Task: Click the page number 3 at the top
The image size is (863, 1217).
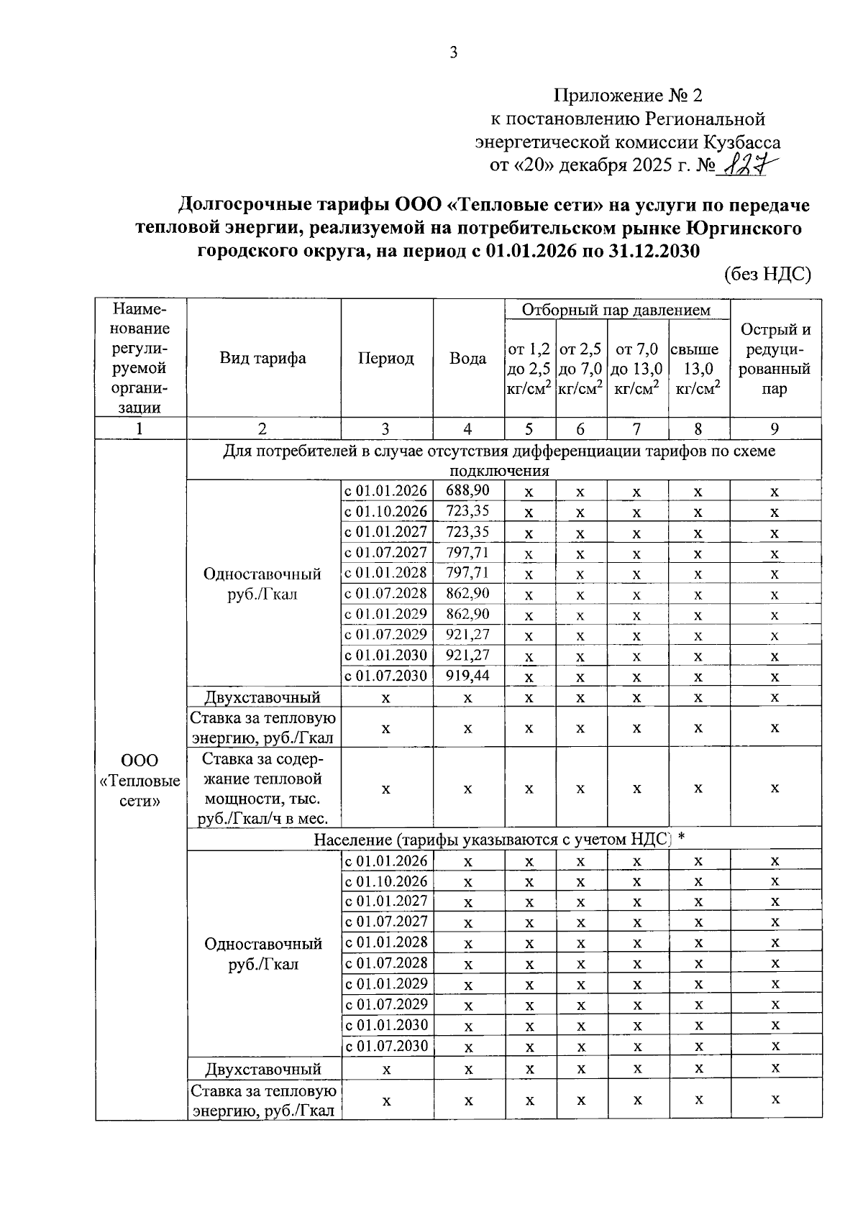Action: coord(453,52)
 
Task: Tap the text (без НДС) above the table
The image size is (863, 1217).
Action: coord(767,274)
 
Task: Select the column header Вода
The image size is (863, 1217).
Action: coord(467,358)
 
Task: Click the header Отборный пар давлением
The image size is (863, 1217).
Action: coord(616,310)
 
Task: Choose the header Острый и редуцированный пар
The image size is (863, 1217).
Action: coord(775,358)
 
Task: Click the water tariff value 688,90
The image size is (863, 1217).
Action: coord(467,491)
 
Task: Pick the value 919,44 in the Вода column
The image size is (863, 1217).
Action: coord(467,676)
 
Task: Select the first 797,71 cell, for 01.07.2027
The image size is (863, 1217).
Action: coord(467,553)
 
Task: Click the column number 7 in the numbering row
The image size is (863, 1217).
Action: coord(636,429)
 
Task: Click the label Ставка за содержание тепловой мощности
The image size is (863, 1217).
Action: coord(263,788)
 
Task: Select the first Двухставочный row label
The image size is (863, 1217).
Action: coord(263,697)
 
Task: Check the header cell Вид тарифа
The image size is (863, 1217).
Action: coord(263,358)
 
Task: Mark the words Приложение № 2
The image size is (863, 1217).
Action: coord(626,96)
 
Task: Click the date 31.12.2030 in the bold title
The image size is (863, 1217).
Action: coord(642,252)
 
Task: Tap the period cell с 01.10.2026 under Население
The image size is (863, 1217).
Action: coord(386,881)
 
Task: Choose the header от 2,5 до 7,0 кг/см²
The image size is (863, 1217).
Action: coord(580,368)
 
